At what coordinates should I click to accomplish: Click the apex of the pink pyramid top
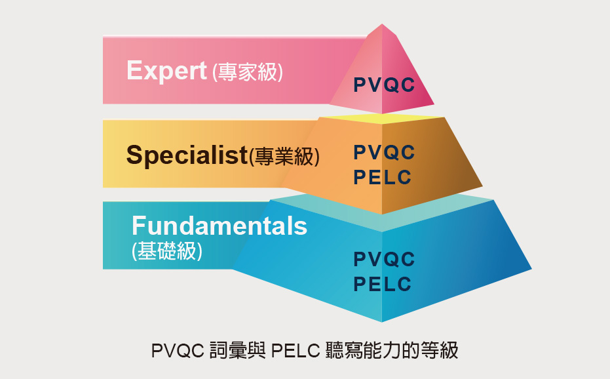(x=382, y=24)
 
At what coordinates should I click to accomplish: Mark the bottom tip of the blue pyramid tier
(x=381, y=322)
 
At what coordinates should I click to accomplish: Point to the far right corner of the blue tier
(x=531, y=269)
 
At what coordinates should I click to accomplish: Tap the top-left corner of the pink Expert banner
(x=103, y=36)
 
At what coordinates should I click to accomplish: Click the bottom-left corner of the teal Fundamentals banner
(x=103, y=269)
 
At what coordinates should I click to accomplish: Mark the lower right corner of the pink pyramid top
(x=434, y=104)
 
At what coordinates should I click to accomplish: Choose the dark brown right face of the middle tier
(x=432, y=163)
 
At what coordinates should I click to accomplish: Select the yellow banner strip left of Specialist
(x=115, y=153)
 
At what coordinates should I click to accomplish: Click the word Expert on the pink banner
(x=166, y=71)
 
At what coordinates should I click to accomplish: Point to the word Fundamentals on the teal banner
(x=219, y=226)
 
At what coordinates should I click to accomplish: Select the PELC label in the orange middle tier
(x=383, y=177)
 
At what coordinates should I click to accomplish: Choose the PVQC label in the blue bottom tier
(x=385, y=260)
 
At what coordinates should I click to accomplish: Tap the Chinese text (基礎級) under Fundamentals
(x=167, y=251)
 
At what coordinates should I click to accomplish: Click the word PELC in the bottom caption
(x=295, y=351)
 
